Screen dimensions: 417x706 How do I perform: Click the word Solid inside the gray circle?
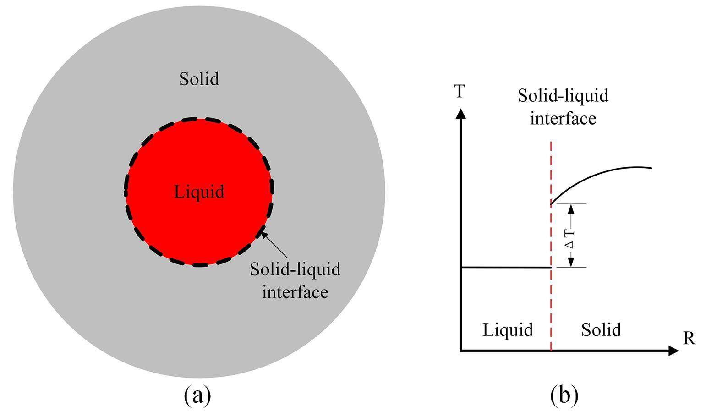coord(199,79)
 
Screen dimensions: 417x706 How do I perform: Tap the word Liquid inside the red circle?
coord(199,191)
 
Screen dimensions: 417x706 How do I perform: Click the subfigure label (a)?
coord(197,395)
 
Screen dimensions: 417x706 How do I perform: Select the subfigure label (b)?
coord(564,395)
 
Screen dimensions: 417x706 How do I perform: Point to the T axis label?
coord(460,92)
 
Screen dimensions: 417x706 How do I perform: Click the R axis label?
coord(689,339)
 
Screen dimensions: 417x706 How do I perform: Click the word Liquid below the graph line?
coord(508,329)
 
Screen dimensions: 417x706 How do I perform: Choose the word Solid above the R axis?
coord(601,329)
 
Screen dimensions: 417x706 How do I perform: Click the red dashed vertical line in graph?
coord(551,302)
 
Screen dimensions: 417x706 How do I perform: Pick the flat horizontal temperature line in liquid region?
coord(504,267)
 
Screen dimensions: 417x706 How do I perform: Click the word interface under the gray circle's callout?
coord(295,292)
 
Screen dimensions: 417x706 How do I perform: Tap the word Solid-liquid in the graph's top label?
coord(563,96)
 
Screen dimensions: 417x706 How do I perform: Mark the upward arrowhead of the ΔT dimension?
coord(570,208)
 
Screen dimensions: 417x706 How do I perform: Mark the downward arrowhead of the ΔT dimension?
coord(570,262)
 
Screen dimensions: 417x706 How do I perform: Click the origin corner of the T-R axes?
coord(461,351)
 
